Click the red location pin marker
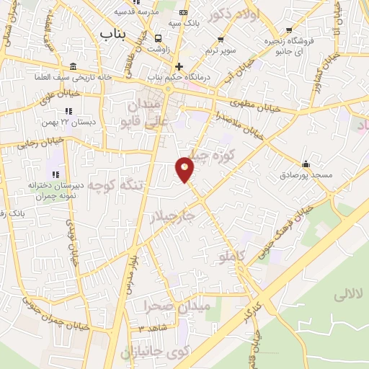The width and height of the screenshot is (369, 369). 186,169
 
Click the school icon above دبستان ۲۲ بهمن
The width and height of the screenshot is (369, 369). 68,111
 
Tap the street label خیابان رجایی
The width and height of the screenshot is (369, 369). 22,144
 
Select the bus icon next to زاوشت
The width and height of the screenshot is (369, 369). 158,38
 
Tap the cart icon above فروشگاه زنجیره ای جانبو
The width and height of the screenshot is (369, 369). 289,30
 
